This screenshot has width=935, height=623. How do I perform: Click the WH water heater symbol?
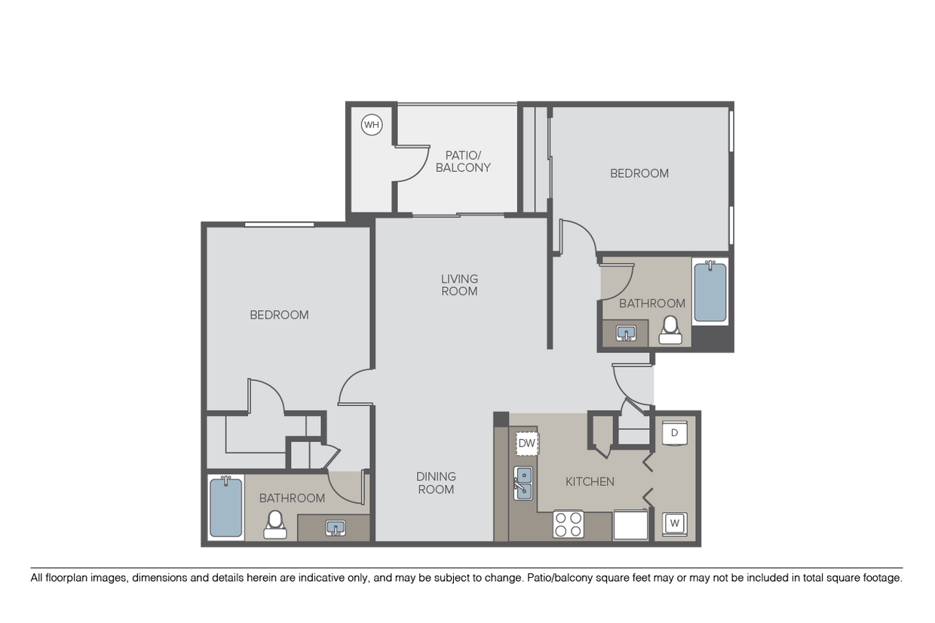coord(372,125)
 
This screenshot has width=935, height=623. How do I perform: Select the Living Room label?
coord(459,285)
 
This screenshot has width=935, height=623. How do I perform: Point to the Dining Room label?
coord(436,483)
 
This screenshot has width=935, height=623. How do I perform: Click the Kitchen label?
coord(590,481)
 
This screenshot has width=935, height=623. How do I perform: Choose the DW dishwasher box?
coord(526,443)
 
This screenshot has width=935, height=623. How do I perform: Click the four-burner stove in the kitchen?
coord(569,524)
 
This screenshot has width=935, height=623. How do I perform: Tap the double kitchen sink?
coord(524,483)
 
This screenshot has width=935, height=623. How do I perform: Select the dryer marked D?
coord(675,432)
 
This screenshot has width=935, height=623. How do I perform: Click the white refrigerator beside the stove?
coord(630,524)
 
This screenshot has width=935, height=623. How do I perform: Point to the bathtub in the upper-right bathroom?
coord(710,292)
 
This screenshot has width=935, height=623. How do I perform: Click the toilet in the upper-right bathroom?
coord(670,330)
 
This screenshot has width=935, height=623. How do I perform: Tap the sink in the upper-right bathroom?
coord(626,332)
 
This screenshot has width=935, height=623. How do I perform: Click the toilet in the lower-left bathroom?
coord(274,524)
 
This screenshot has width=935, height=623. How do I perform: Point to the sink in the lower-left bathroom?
coord(336,527)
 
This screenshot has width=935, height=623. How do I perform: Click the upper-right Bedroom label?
coord(639,173)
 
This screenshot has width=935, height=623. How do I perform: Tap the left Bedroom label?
coord(279,315)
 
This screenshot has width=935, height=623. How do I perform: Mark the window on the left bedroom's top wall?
coord(279,224)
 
